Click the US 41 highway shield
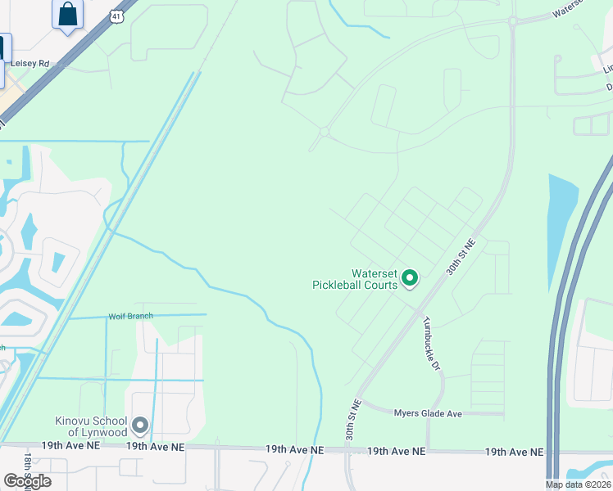tap(116, 15)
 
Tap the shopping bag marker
tap(67, 15)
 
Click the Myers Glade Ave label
tap(428, 414)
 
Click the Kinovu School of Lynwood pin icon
tap(139, 426)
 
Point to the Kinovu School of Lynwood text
tap(91, 426)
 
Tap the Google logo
tap(27, 481)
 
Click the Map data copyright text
tap(579, 484)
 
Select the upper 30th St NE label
tap(461, 256)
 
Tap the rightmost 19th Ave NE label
tap(514, 452)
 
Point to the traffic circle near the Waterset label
tap(513, 21)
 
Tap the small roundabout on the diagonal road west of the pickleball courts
tap(324, 132)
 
